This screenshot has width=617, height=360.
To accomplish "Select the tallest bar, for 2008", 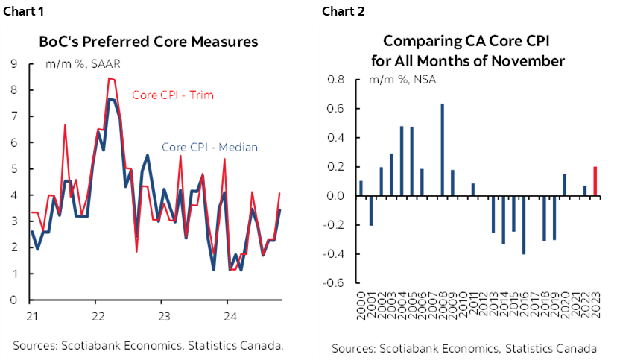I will tap(443, 150).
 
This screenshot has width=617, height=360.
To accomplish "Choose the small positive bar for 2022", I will tap(585, 191).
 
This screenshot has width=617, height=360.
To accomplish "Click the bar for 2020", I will tap(564, 185).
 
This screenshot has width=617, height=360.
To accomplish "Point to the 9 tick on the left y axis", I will tap(14, 64).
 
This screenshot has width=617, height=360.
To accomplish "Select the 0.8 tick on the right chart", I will tap(335, 80).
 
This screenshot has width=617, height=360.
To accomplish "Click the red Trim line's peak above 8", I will tap(110, 78).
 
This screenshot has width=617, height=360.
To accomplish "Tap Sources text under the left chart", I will tap(148, 344).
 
